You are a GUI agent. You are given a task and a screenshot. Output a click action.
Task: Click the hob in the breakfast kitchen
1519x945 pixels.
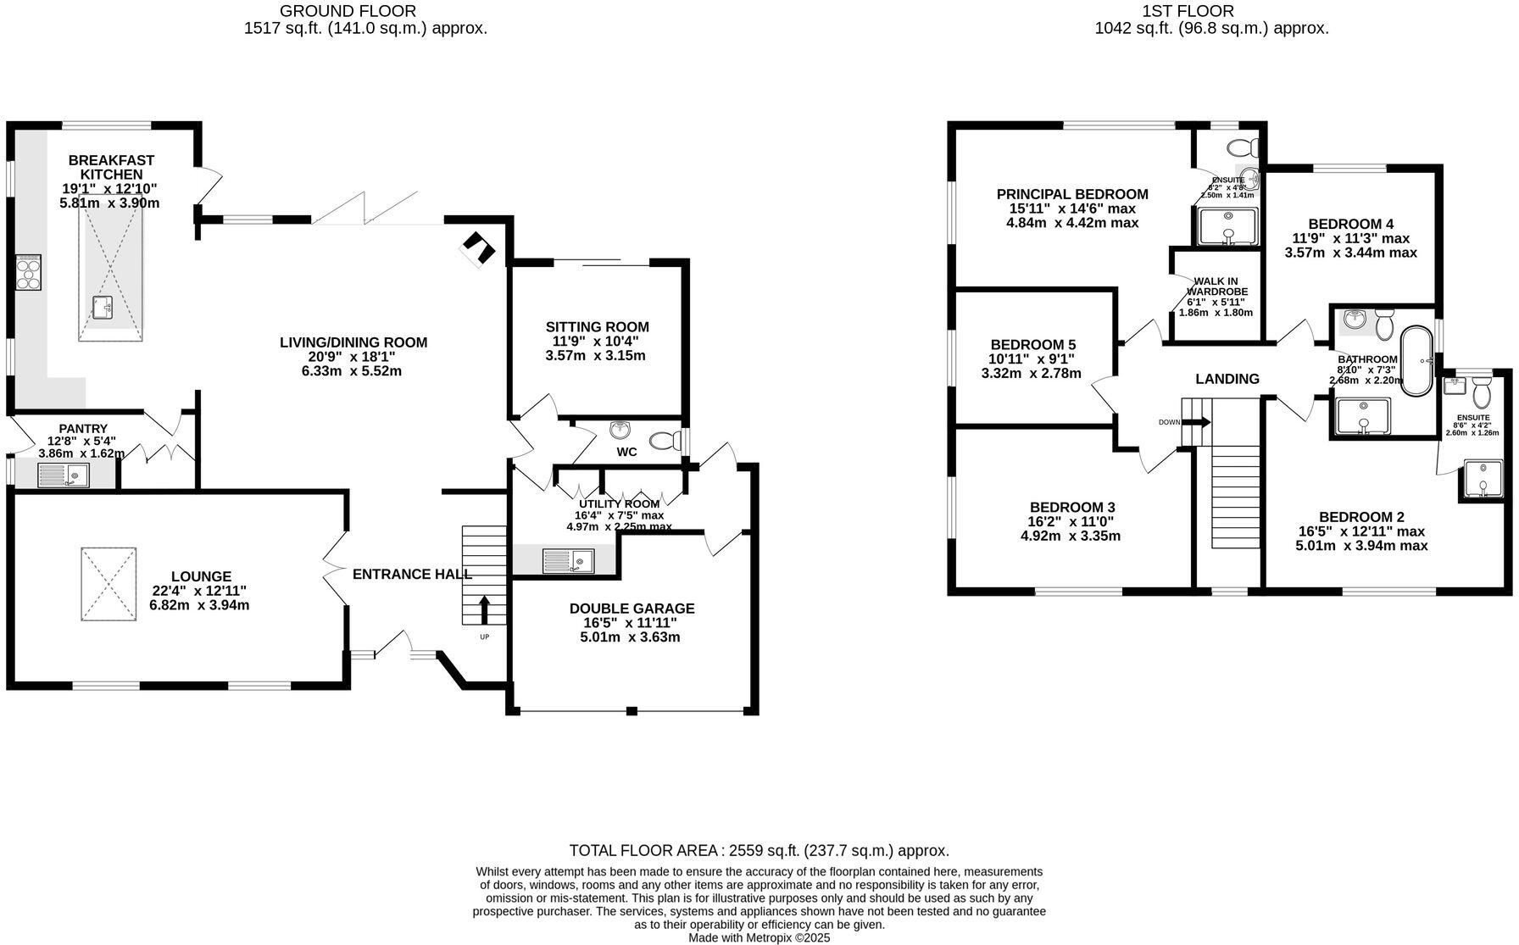[28, 273]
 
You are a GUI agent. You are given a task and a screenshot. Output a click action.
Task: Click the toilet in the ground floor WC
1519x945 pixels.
[665, 441]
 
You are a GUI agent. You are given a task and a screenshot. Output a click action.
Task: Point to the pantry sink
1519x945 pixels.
[64, 475]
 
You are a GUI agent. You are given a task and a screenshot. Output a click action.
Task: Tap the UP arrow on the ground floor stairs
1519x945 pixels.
[485, 610]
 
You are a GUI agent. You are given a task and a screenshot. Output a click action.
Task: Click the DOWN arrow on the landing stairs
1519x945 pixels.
[1198, 421]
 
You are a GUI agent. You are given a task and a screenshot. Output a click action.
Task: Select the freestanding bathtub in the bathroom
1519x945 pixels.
[1416, 361]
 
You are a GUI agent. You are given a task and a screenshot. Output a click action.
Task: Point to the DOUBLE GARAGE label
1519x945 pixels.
[632, 609]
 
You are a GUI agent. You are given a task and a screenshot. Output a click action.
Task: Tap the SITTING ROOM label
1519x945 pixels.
[597, 327]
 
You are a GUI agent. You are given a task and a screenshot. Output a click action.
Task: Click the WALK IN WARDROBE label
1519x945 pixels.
[1216, 286]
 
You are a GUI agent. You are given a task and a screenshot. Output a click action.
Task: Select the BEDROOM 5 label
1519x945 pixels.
[1032, 345]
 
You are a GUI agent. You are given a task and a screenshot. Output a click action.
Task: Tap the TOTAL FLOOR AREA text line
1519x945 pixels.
[759, 850]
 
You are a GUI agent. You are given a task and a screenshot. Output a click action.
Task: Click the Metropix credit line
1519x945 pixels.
[759, 938]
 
